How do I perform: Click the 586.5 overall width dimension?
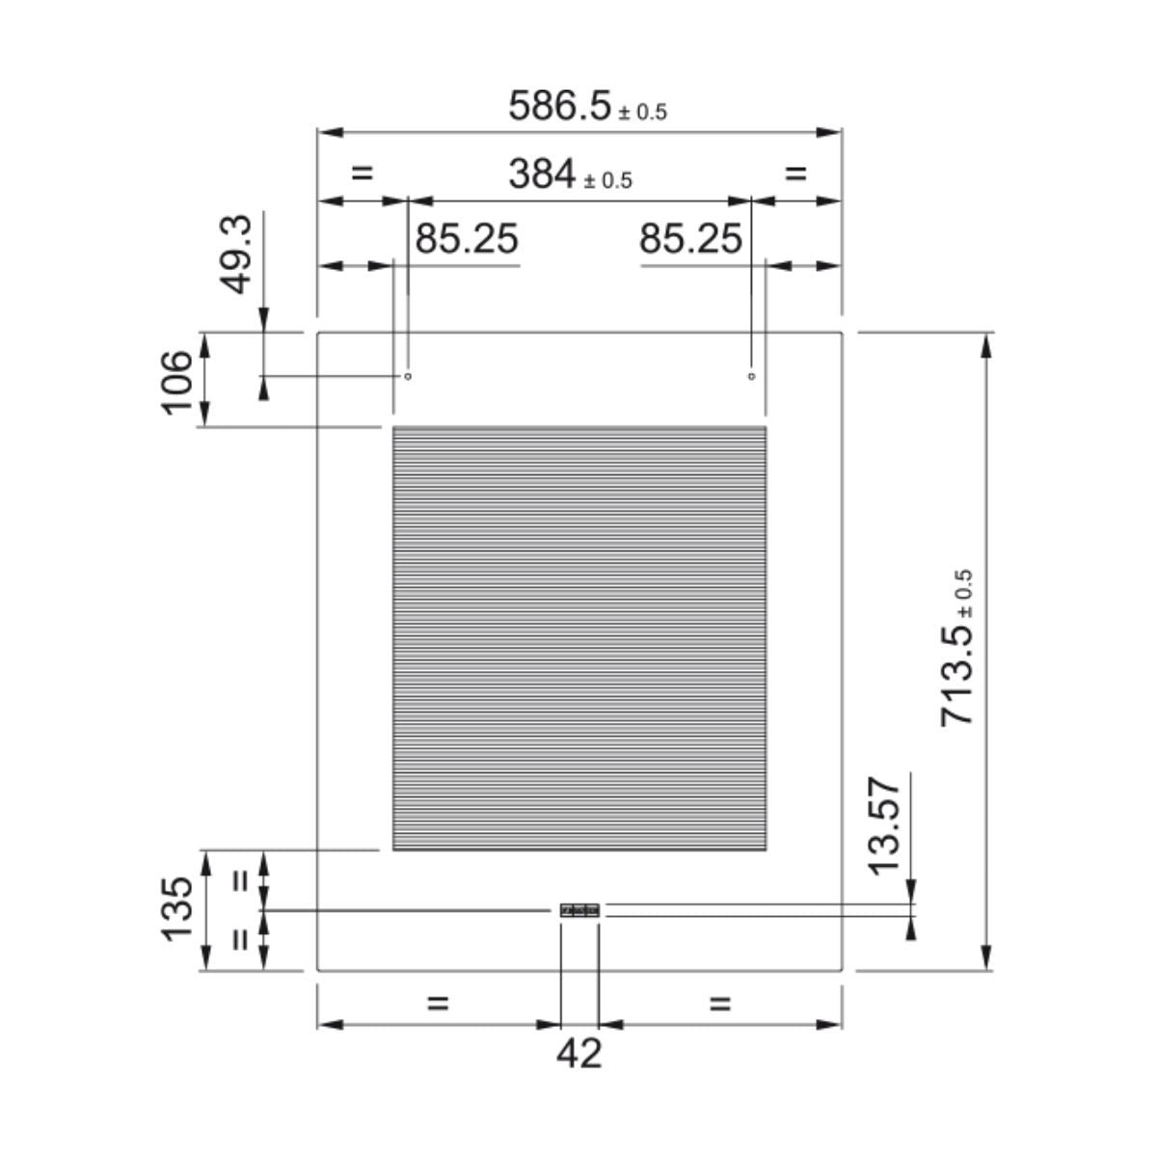pos(560,105)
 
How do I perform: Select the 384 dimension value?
pos(541,175)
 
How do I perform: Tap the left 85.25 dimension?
pos(467,238)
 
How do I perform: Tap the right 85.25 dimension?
pos(690,238)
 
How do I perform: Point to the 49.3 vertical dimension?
pos(235,254)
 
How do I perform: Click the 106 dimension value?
pos(177,381)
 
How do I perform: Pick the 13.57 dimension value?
pos(884,825)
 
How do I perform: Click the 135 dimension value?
pos(177,909)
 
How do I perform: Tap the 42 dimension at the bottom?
pos(578,1053)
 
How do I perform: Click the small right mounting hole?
pos(751,376)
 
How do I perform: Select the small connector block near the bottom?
pos(579,910)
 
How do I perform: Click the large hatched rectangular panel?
pos(579,638)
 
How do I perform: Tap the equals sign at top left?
pos(362,174)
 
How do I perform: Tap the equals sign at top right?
pos(795,174)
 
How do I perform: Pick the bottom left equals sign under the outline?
pos(438,1004)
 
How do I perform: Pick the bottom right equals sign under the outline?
pos(720,1004)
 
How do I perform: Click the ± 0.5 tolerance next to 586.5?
pos(642,113)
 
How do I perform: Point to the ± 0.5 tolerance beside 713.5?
pos(965,593)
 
